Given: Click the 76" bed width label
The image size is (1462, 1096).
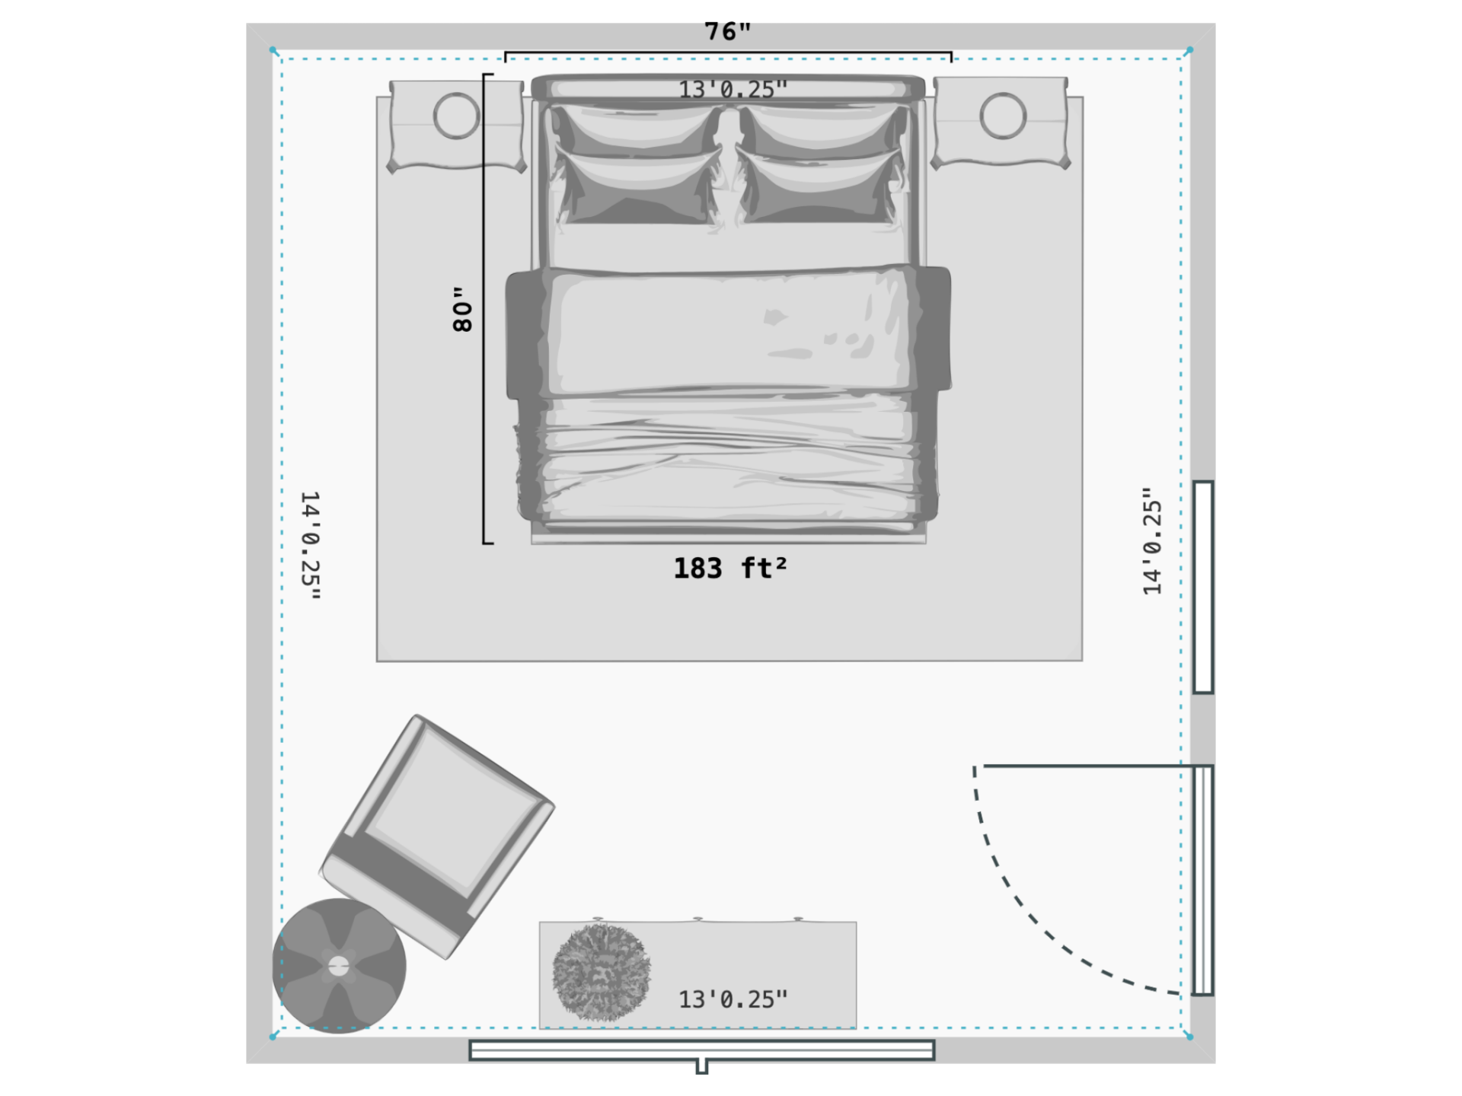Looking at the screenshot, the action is (x=727, y=32).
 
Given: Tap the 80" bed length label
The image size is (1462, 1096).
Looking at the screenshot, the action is (x=462, y=309).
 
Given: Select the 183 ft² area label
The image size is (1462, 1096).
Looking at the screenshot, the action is (x=729, y=569).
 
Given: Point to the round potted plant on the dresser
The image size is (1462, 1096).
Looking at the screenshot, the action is (x=602, y=972).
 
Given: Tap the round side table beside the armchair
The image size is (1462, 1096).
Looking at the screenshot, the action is (x=339, y=966).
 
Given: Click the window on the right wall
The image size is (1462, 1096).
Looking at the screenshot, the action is (x=1203, y=587).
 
